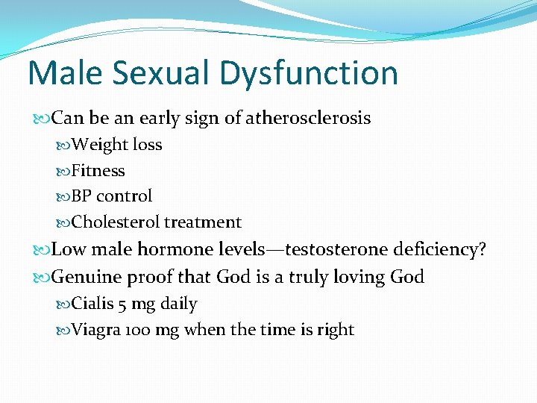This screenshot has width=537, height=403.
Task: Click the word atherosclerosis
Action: point(308,118)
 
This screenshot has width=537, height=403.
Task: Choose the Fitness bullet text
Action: point(98,170)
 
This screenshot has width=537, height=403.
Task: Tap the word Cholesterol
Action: point(116,222)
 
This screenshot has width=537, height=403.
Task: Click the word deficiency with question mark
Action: point(445,249)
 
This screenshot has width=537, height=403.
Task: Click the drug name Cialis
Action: point(90,304)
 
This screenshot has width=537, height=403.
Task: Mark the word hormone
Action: point(186,249)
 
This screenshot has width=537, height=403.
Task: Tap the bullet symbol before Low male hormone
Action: point(45,250)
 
